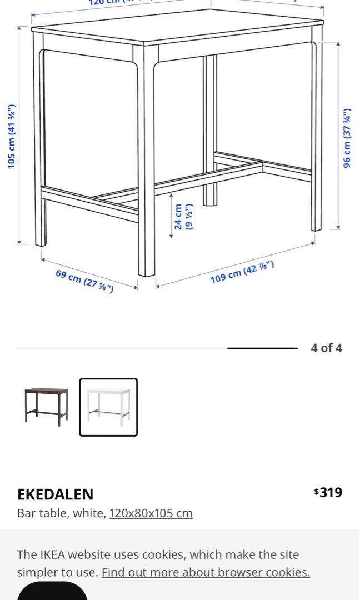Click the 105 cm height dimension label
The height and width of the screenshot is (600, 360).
[12, 137]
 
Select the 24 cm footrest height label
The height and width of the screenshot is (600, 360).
[183, 217]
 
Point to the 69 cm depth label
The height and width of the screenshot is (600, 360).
[84, 281]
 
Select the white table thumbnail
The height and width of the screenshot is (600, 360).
[108, 407]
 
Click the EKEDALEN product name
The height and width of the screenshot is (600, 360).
[55, 494]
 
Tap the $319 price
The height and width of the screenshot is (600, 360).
[328, 492]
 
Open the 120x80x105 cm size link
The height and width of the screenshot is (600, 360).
[151, 513]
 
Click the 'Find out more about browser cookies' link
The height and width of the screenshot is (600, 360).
[206, 572]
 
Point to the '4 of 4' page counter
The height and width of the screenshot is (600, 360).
[326, 348]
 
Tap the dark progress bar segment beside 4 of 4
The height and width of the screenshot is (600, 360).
[262, 348]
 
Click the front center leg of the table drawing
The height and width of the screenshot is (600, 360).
[147, 167]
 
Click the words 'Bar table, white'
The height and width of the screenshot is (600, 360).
[61, 513]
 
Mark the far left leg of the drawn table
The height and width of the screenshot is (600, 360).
[39, 139]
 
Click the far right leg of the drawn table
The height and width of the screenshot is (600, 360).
[316, 133]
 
